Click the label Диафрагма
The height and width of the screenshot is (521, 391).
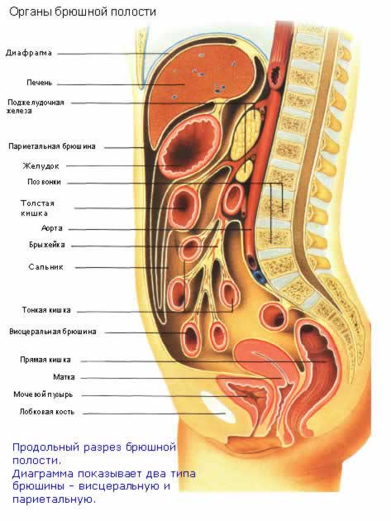(x=29, y=53)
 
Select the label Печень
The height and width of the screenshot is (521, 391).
(x=40, y=83)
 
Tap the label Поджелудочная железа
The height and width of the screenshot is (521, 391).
(x=36, y=107)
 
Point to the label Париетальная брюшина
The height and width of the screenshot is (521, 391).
(x=52, y=146)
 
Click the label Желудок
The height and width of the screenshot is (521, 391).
(x=41, y=165)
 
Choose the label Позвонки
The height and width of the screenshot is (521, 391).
(x=44, y=182)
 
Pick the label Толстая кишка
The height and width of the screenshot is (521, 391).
(x=37, y=208)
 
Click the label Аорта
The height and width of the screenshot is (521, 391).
(x=52, y=228)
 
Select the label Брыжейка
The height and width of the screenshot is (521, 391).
(x=47, y=245)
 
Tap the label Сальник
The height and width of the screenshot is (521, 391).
(x=45, y=267)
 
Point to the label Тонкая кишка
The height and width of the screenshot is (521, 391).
(x=46, y=310)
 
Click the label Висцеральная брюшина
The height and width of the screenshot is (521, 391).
(x=53, y=332)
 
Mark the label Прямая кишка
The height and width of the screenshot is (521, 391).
(x=45, y=360)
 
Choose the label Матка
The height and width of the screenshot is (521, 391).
(x=64, y=377)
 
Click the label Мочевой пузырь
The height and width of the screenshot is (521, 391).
(x=43, y=394)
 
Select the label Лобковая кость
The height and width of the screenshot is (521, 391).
(x=47, y=412)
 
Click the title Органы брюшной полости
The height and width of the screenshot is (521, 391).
(x=83, y=12)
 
